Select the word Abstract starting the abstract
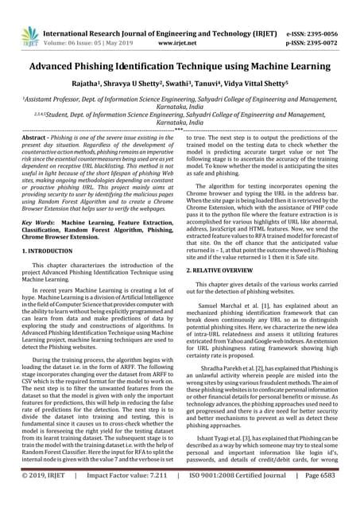pyautogui.click(x=36, y=138)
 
